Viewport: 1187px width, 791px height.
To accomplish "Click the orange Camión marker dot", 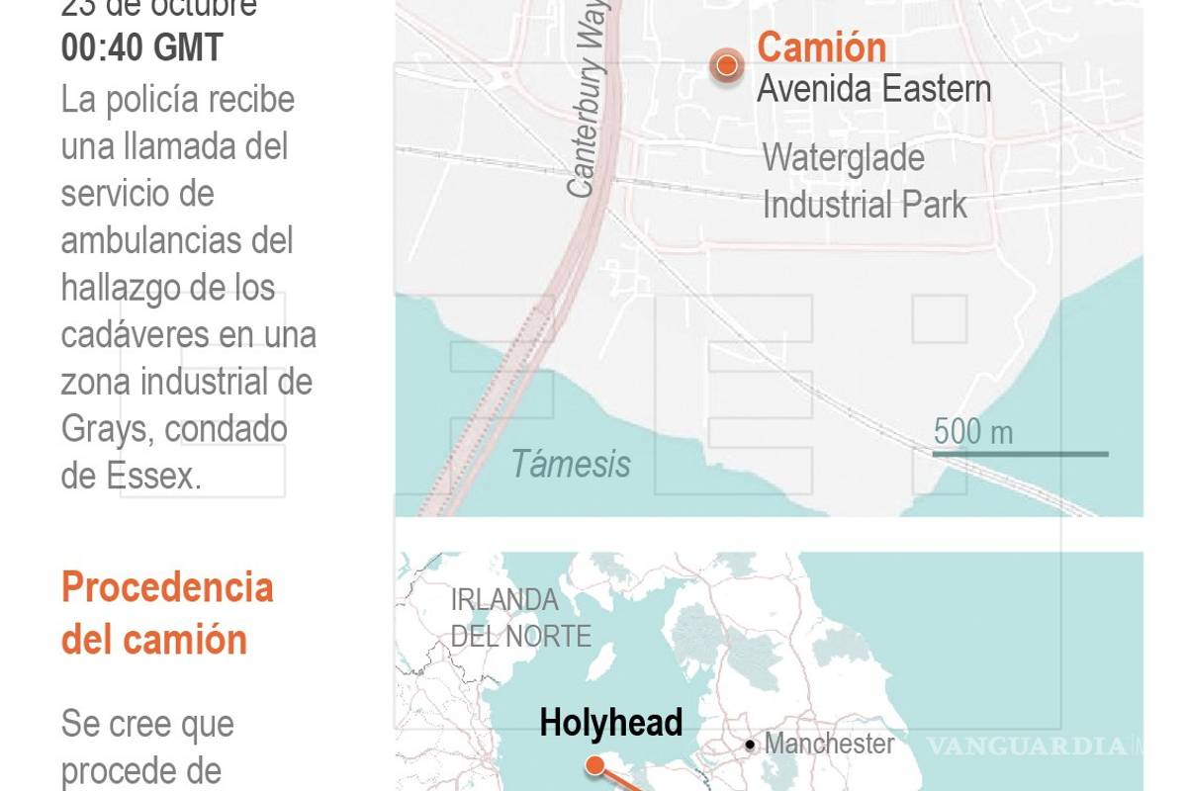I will pos(727,66).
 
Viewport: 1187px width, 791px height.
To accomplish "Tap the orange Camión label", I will pos(821,47).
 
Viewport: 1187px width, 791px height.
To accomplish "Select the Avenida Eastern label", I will pos(873,89).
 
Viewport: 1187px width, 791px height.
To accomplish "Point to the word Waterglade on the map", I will pos(843,158).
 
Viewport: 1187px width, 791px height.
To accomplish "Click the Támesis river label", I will pos(571,464).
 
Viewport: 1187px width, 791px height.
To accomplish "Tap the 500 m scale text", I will pos(973,431).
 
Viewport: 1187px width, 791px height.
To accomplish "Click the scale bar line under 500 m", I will pos(1020,454).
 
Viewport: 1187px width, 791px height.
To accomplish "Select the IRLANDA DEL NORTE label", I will pos(519,617).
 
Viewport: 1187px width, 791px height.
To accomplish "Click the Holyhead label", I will pos(610,723).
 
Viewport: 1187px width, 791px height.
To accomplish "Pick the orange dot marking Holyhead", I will pos(594,764).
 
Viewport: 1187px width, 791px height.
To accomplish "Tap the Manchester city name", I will pos(830,744).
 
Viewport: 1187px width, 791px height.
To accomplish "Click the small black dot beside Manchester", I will pos(751,745).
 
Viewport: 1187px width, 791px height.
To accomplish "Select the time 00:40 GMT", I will pos(141,47).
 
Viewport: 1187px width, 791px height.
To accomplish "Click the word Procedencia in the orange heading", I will pos(167,587).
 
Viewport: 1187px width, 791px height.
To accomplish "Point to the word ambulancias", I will pos(177,240).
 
